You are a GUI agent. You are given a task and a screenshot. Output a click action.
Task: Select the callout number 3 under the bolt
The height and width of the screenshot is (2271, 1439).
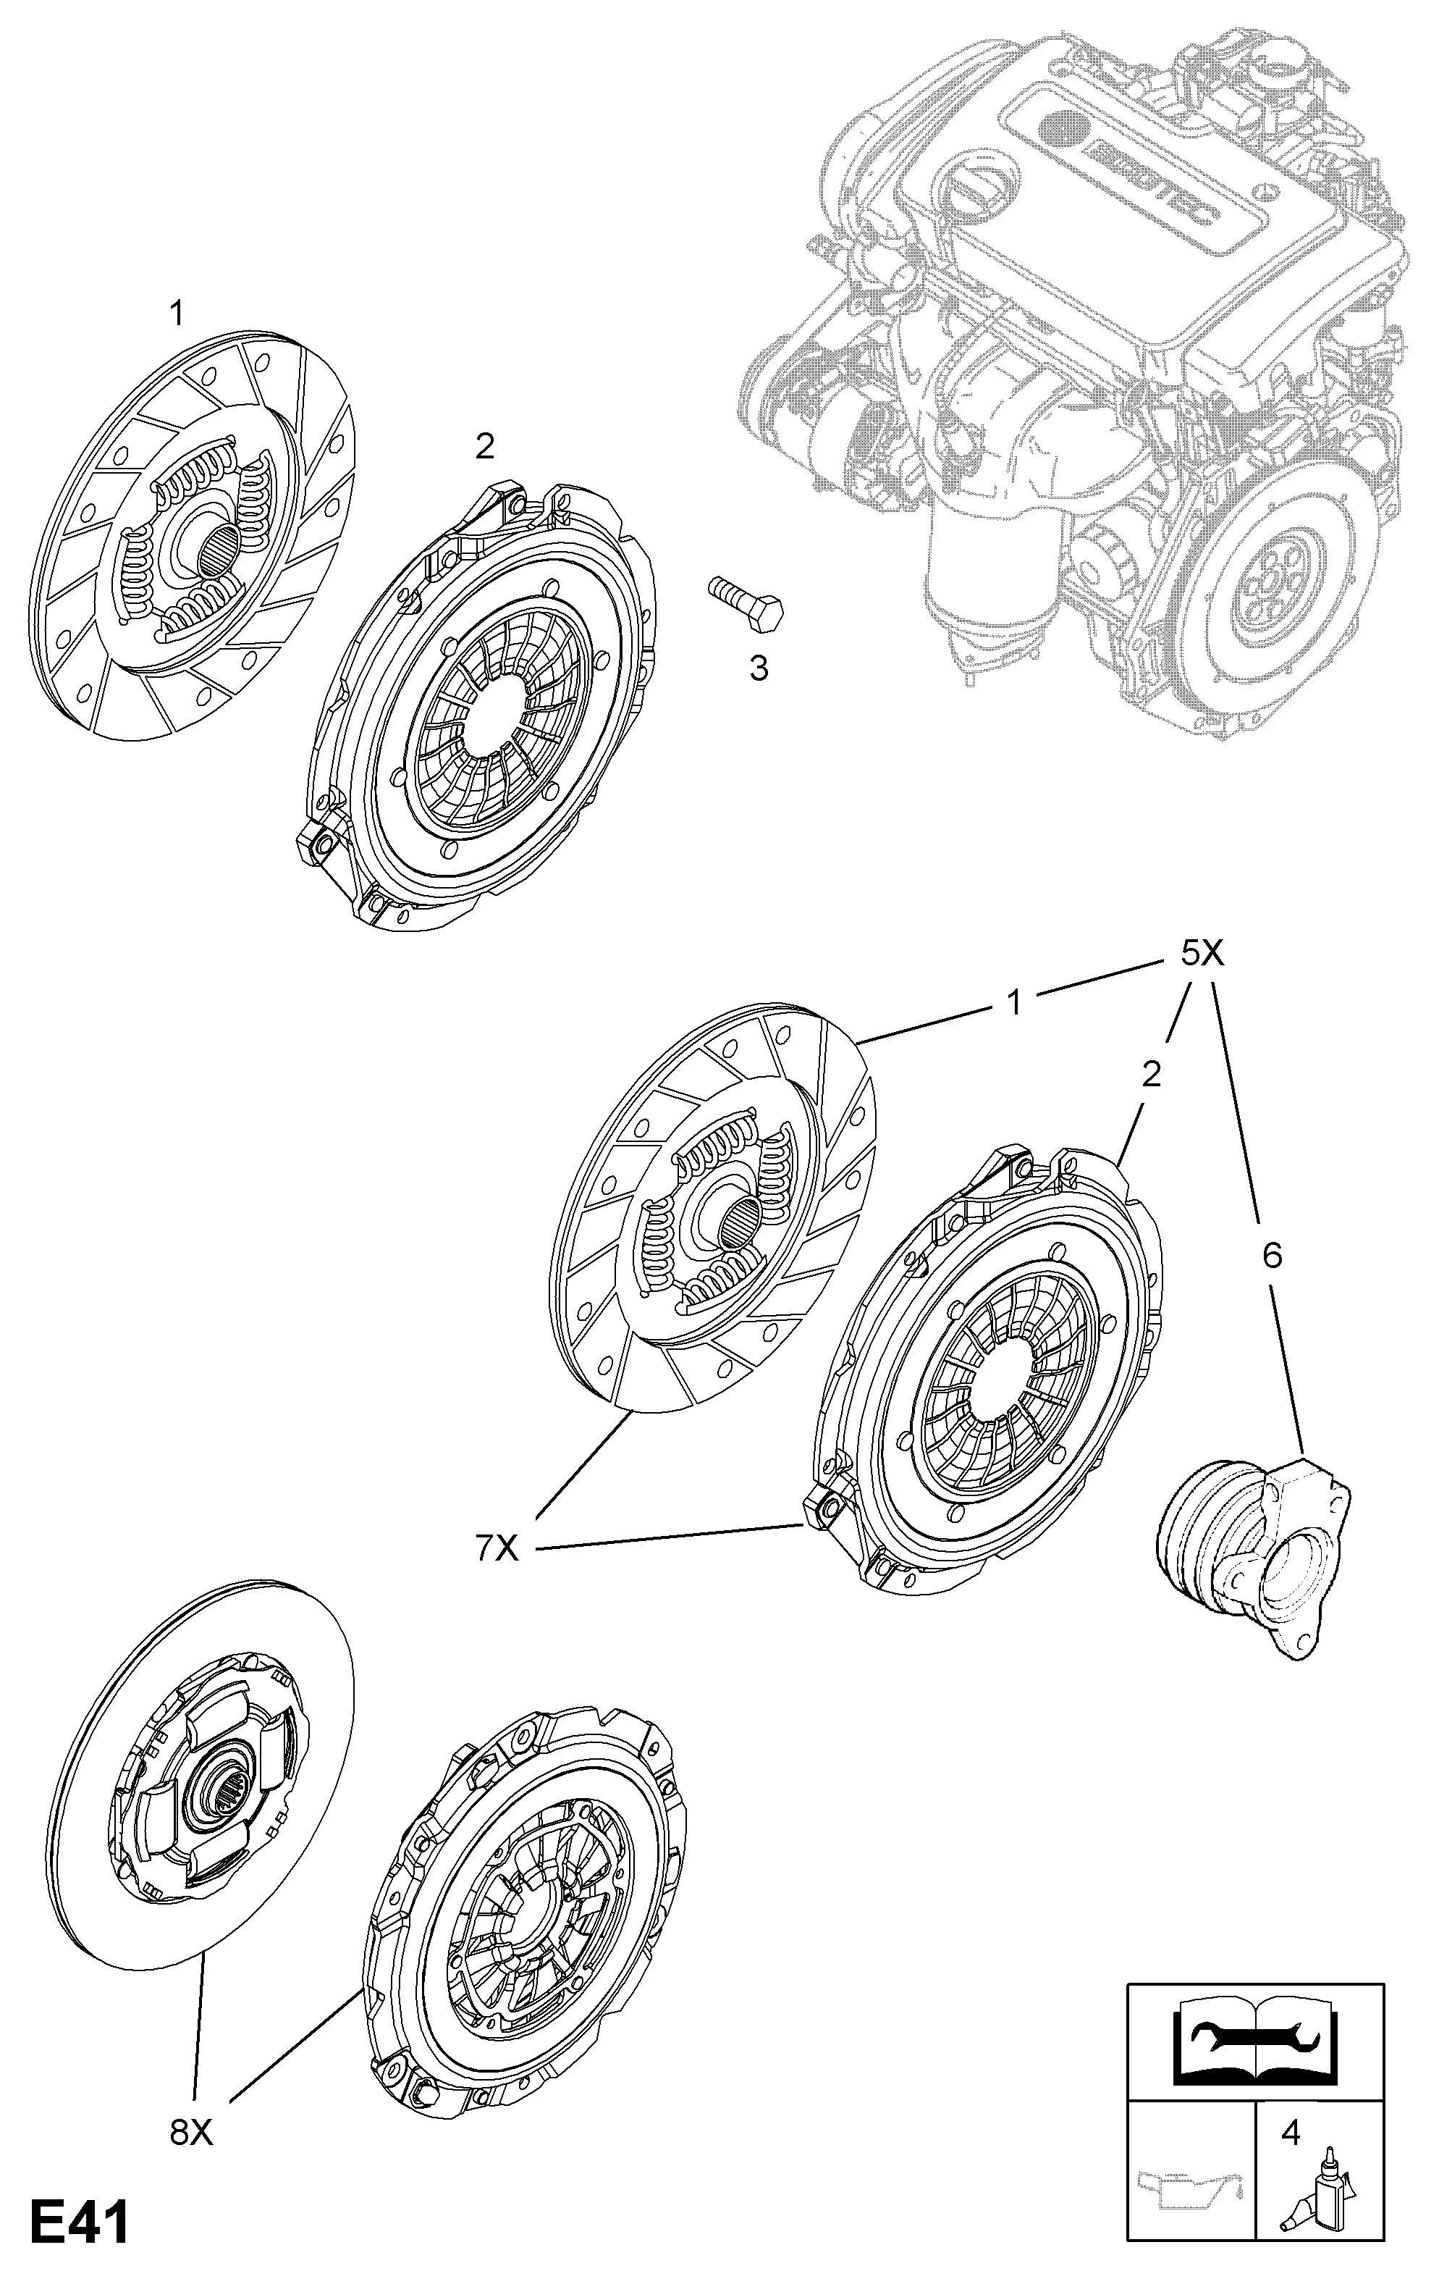click(758, 668)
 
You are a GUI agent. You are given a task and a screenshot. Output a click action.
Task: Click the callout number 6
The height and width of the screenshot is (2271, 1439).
click(1271, 1254)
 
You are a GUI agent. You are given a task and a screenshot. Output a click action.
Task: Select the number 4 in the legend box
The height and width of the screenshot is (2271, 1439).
click(1290, 2125)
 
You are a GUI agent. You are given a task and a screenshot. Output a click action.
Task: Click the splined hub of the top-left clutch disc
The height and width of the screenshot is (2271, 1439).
click(216, 549)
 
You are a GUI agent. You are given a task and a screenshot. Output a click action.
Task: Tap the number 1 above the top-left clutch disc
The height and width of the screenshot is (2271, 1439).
click(177, 313)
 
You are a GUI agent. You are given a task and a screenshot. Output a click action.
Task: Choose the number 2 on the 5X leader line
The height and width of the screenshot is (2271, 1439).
click(1152, 1073)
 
